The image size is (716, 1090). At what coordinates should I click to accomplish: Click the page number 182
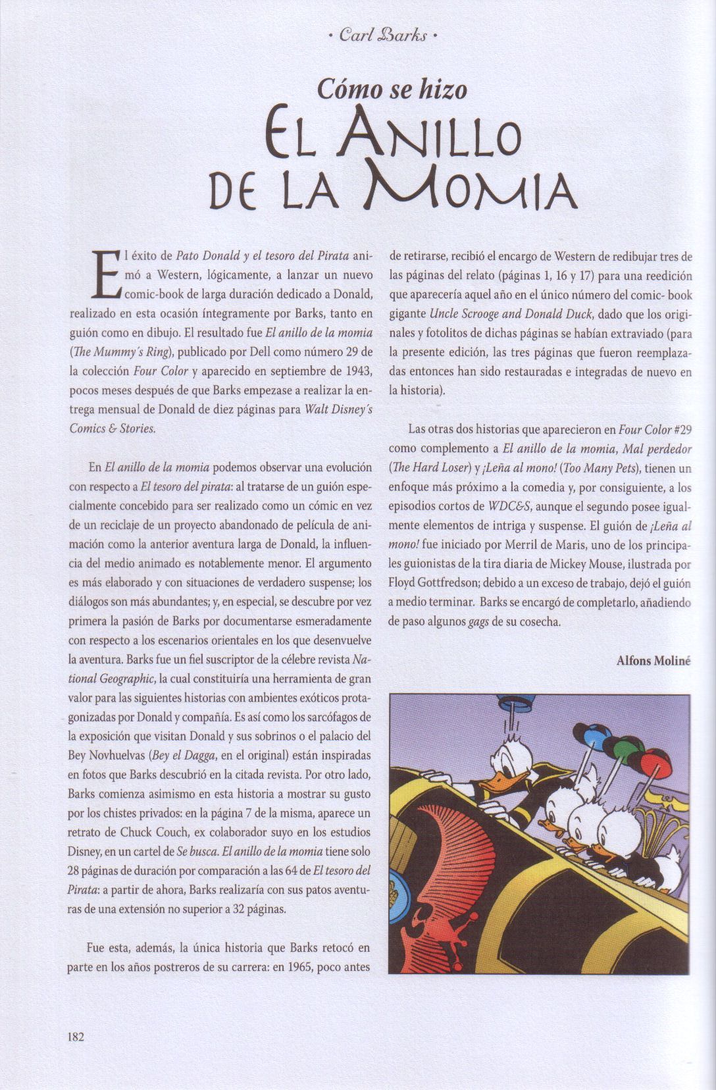tap(76, 1036)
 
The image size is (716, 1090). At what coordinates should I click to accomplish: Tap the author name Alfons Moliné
tap(653, 662)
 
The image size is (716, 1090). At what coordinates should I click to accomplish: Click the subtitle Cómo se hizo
tap(392, 88)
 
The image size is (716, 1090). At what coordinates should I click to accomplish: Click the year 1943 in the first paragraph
tap(358, 371)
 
